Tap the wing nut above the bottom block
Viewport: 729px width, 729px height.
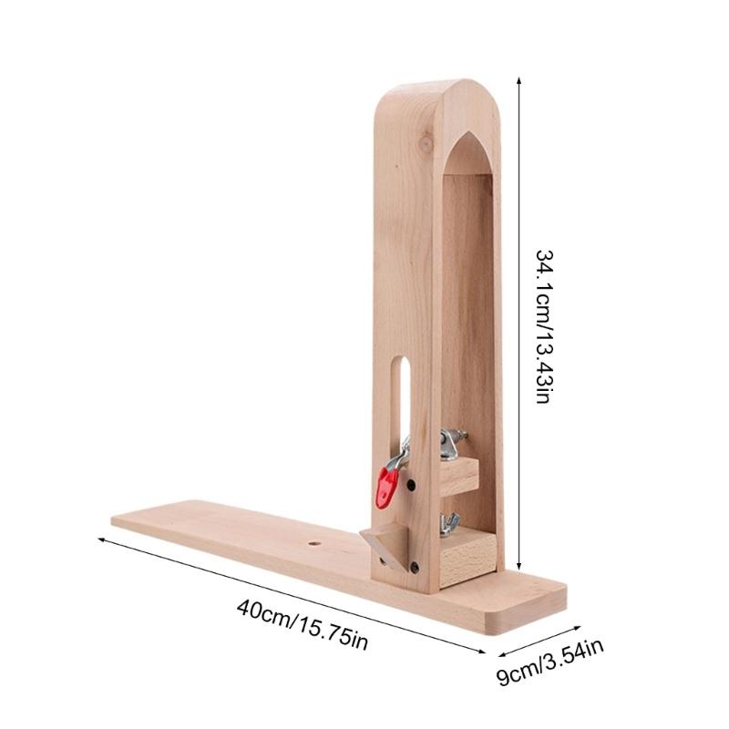point(449,525)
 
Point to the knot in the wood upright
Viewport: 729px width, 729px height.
point(426,143)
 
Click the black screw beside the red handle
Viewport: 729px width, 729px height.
point(411,485)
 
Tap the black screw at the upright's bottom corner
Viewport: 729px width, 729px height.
point(414,567)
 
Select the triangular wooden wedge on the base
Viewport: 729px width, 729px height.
point(385,544)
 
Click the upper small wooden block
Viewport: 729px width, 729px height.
point(459,476)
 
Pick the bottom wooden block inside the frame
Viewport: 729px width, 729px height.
point(467,559)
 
